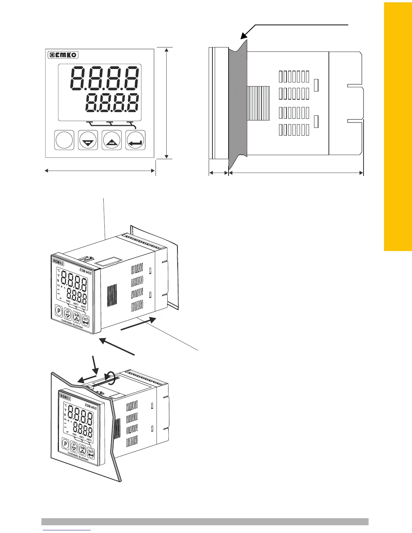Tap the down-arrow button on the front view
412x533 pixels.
click(88, 140)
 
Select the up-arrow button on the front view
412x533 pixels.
click(112, 140)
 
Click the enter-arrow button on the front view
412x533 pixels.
click(136, 140)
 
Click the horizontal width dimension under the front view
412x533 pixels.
click(100, 171)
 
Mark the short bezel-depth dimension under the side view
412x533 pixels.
click(218, 173)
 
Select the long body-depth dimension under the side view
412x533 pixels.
click(296, 173)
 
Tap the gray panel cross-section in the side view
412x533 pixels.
click(238, 101)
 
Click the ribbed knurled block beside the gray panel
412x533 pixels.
click(259, 103)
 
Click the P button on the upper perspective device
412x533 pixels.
click(59, 311)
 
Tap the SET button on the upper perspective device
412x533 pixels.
click(86, 321)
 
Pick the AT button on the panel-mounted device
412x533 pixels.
click(74, 447)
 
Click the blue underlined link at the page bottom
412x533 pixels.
click(67, 530)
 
